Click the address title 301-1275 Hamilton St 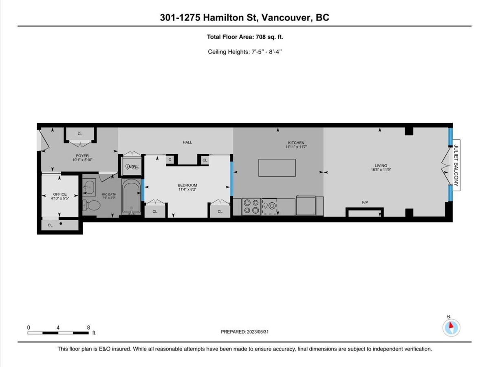pos(244,18)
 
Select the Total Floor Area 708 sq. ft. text pos(244,37)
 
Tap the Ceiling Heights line pos(244,52)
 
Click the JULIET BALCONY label pos(456,166)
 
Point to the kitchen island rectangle pos(277,167)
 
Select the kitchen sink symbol pos(269,206)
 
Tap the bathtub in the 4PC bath pos(131,197)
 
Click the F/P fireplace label pos(364,202)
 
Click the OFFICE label pos(59,195)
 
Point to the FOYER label pos(82,155)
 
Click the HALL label pos(187,142)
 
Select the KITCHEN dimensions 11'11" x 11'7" pos(295,147)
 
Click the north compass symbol pos(451,327)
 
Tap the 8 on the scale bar pos(88,327)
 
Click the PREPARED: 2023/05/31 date pos(244,332)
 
